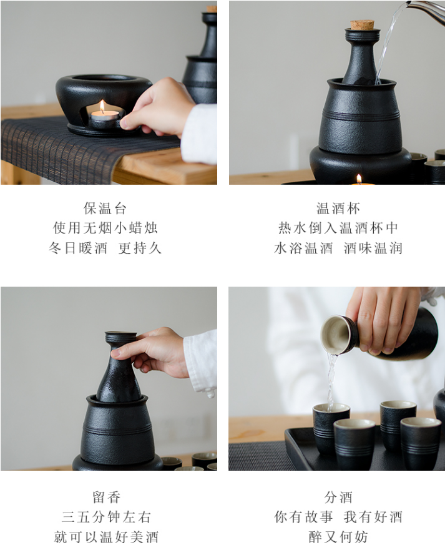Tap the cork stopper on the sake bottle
362,24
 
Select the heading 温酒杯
338,208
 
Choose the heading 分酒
338,497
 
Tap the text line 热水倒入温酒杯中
338,228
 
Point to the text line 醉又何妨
338,537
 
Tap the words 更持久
140,248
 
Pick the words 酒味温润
373,248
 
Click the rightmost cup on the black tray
420,442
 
